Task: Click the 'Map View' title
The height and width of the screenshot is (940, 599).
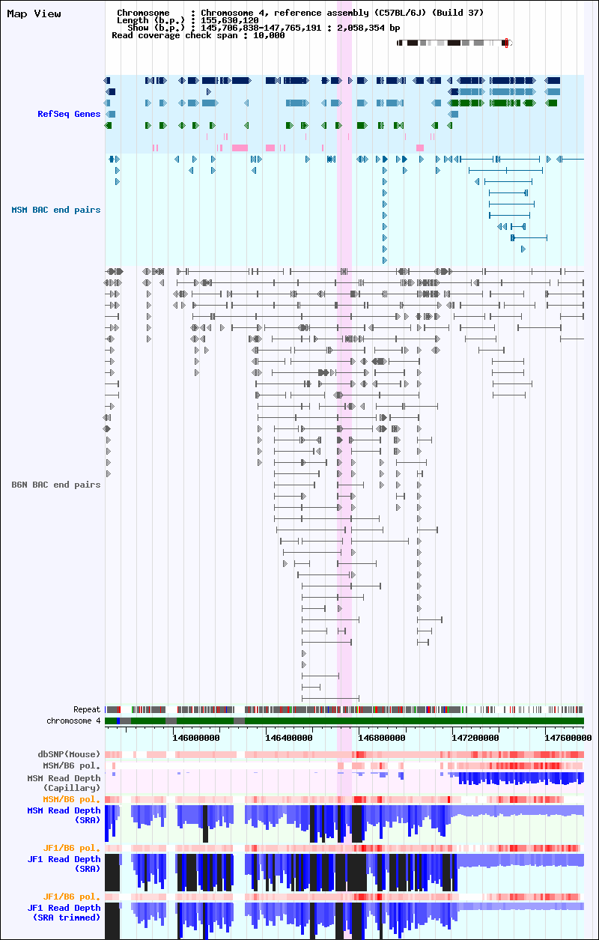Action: [x=34, y=13]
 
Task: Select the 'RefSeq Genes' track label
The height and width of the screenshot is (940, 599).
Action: [x=69, y=114]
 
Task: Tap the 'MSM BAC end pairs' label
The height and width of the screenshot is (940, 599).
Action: [x=56, y=210]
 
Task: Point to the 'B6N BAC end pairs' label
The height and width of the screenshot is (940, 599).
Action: [x=56, y=485]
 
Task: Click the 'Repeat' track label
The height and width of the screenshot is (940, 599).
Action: [x=87, y=709]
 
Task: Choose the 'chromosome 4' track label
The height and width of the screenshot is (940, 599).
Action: [x=73, y=721]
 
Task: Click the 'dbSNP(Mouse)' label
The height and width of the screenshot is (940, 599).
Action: [x=69, y=754]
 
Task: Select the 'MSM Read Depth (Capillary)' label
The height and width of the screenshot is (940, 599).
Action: [x=64, y=783]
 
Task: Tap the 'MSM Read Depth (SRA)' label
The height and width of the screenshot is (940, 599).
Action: [x=64, y=815]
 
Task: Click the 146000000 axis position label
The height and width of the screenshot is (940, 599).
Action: [x=196, y=738]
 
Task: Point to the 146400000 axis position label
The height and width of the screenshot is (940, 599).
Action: [x=289, y=738]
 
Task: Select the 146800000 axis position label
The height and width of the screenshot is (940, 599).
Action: [x=382, y=738]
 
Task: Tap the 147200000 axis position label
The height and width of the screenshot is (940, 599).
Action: [x=475, y=738]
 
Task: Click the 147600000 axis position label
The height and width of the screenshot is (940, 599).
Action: [x=568, y=738]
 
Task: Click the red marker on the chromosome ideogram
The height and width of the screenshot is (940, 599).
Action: [x=506, y=43]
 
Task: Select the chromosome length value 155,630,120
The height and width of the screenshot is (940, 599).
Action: [x=230, y=20]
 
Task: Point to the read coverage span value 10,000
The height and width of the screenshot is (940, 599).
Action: [x=269, y=36]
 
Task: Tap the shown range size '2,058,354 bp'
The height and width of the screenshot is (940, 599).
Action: [x=368, y=28]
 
